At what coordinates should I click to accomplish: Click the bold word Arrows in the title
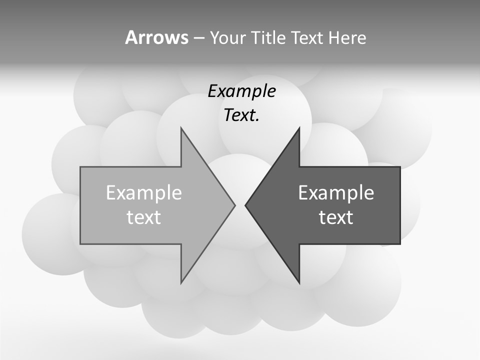tap(156, 37)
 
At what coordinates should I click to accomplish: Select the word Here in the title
tap(347, 37)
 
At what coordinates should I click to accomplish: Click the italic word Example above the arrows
tap(241, 91)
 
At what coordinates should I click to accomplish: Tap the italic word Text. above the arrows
tap(241, 115)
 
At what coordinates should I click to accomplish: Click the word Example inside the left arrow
tap(144, 192)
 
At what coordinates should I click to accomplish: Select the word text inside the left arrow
tap(144, 217)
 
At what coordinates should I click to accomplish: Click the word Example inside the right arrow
tap(336, 192)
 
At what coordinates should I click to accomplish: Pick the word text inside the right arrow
tap(336, 217)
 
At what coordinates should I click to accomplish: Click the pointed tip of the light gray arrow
tap(234, 205)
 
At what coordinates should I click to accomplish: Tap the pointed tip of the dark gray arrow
tap(245, 205)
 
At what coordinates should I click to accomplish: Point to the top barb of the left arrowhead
tap(181, 129)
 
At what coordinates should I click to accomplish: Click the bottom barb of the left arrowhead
tap(181, 282)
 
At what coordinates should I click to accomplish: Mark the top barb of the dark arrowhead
tap(299, 129)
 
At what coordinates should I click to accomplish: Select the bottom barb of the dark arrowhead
tap(299, 282)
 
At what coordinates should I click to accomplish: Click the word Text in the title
tap(306, 37)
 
